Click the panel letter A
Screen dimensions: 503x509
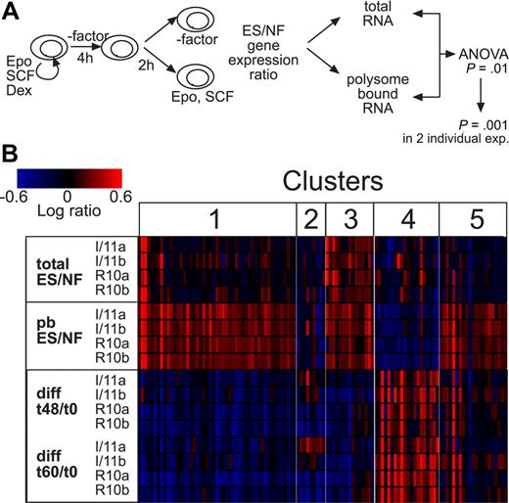[12, 11]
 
